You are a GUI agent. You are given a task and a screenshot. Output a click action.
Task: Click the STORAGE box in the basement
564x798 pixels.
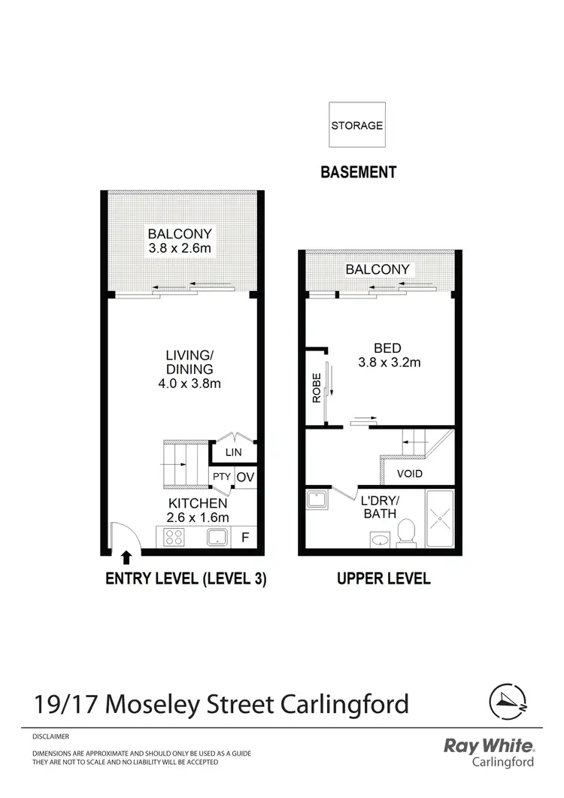[x=357, y=126]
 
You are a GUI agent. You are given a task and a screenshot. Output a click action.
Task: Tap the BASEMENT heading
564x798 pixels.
[x=358, y=172]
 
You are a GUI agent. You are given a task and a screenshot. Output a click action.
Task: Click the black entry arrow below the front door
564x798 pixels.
[x=126, y=557]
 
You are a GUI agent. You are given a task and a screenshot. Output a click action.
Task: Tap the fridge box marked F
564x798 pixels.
[x=244, y=538]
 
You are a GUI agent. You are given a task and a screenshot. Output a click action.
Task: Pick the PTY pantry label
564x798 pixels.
[x=221, y=477]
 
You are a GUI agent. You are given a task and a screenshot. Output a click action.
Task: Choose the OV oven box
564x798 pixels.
[x=244, y=477]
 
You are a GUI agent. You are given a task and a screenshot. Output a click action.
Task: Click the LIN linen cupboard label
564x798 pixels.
[x=234, y=452]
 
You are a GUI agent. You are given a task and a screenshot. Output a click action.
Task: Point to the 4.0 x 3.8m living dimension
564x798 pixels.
[x=180, y=384]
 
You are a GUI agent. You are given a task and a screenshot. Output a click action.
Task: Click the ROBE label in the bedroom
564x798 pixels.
[x=317, y=388]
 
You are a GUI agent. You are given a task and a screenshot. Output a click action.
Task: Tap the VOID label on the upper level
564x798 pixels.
[x=410, y=474]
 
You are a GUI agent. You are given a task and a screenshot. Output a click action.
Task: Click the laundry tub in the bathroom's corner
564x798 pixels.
[x=317, y=499]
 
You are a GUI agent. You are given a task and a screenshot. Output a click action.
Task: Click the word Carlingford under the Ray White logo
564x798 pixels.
[x=503, y=762]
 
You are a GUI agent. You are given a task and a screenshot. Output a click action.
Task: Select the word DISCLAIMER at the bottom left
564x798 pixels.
[x=50, y=737]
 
